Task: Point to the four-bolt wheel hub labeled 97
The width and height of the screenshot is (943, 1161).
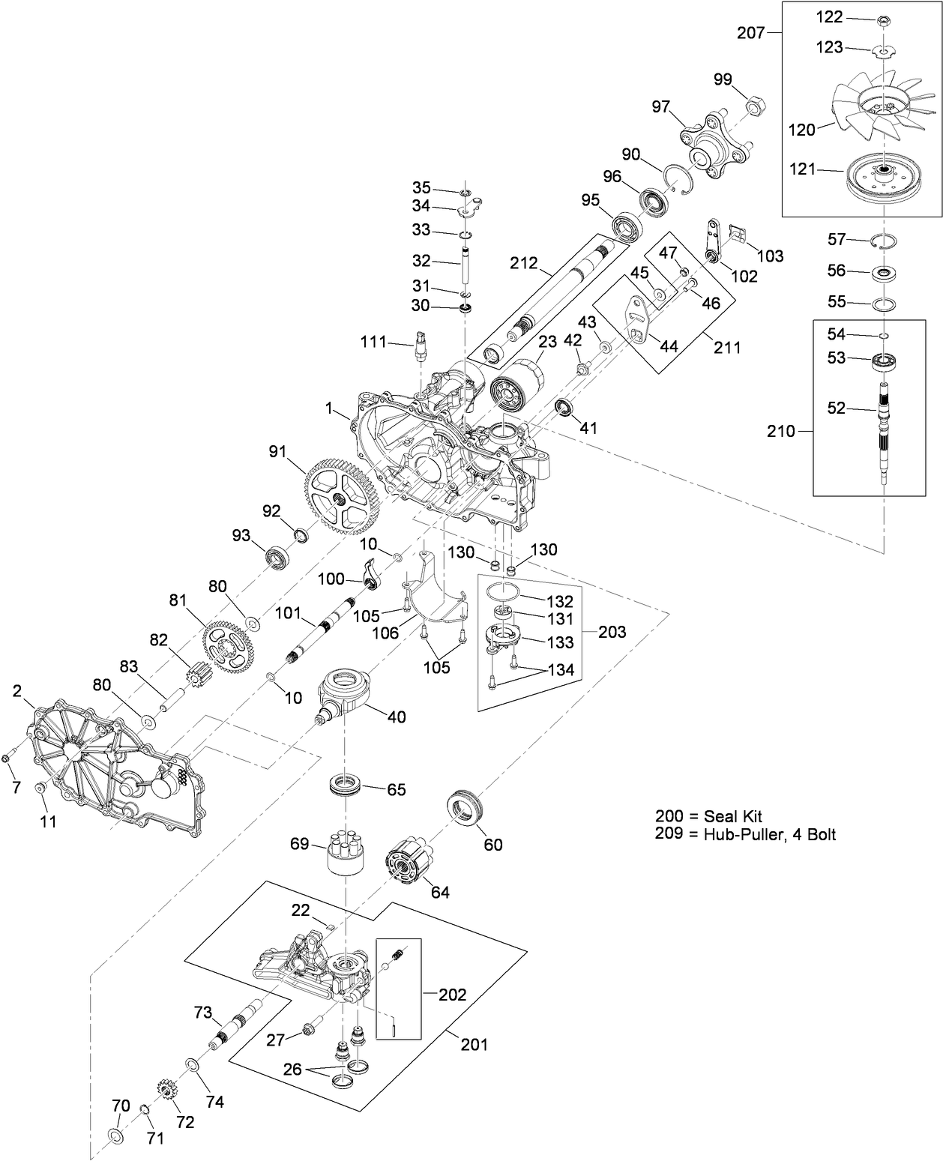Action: click(709, 148)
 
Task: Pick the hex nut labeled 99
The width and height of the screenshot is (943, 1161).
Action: click(755, 106)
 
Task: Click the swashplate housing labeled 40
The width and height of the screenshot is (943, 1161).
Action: click(344, 693)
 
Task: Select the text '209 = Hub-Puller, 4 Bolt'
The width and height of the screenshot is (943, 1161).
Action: click(745, 833)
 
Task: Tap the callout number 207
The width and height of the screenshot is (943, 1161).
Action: click(750, 33)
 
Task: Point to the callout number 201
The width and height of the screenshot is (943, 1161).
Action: click(473, 1043)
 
